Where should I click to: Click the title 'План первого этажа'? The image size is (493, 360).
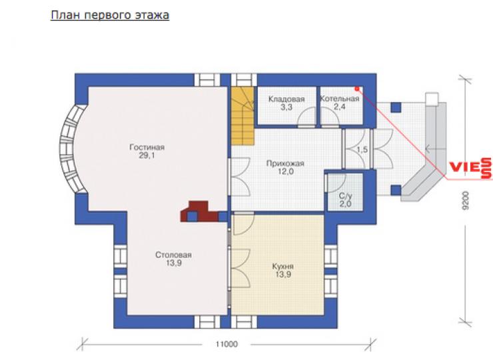[110, 15]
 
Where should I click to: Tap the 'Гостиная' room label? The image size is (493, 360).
[147, 147]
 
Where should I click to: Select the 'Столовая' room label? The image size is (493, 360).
[173, 255]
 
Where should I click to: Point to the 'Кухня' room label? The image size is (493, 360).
[283, 267]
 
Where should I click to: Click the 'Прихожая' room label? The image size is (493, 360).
[285, 163]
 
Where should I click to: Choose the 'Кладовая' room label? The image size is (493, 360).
[286, 99]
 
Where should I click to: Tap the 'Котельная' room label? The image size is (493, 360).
[339, 99]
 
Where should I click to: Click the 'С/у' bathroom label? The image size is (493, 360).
[345, 196]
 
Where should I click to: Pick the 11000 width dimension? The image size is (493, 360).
[227, 344]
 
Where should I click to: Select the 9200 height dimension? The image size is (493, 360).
[466, 201]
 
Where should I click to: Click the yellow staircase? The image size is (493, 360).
[243, 116]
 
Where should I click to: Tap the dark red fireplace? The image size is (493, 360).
[199, 211]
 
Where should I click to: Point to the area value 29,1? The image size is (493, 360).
[147, 155]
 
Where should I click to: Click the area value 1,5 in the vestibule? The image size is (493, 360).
[362, 150]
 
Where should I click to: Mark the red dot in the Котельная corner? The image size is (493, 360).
[357, 89]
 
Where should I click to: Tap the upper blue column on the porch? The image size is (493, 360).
[396, 107]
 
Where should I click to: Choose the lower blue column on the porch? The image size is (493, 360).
[396, 190]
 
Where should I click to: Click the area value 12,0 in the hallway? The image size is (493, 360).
[286, 171]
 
